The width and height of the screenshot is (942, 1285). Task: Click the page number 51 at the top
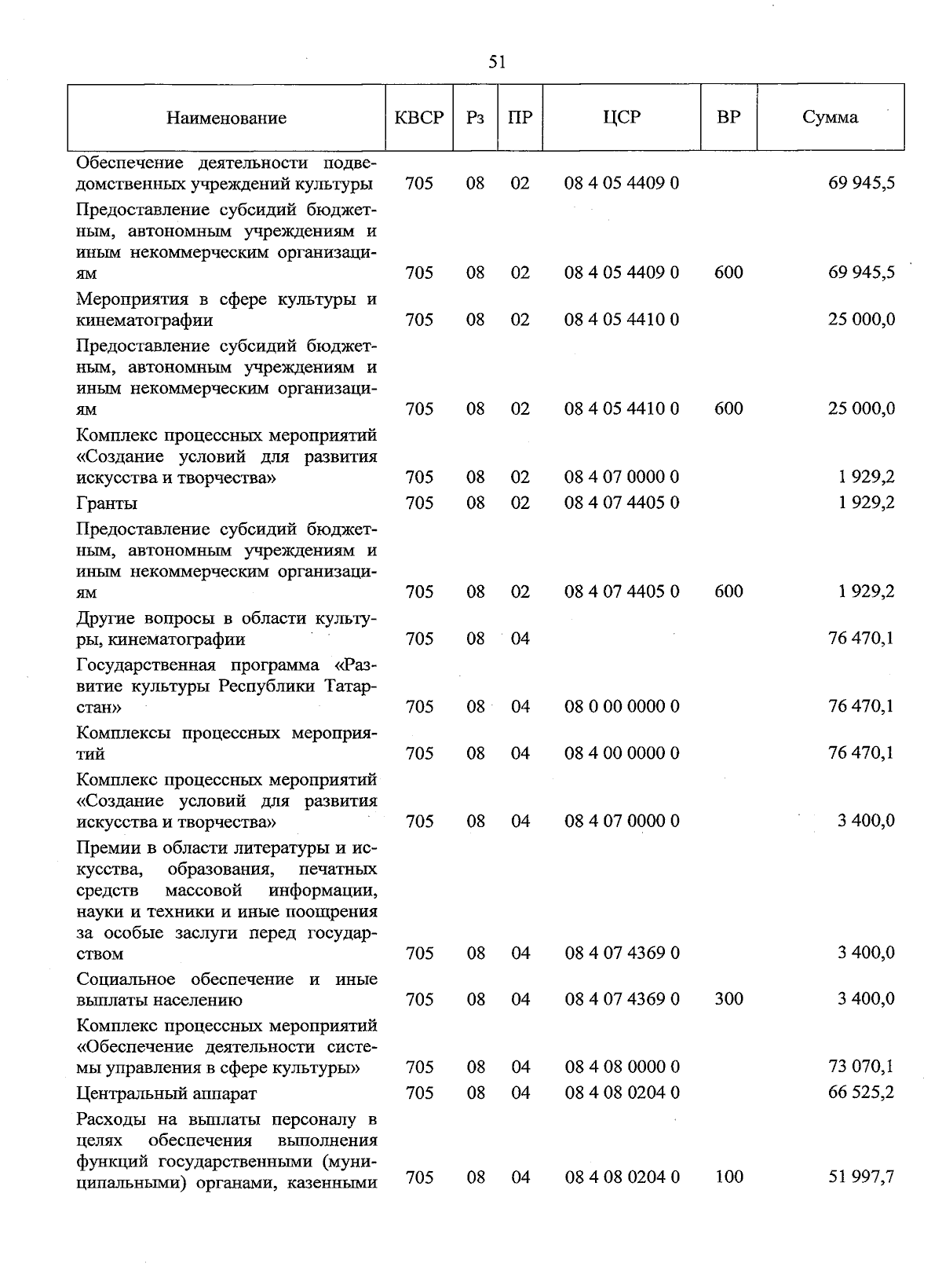click(x=496, y=62)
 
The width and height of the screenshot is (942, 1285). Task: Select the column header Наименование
click(x=226, y=118)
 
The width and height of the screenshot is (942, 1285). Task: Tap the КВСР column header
click(x=419, y=118)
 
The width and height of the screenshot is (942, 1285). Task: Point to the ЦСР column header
click(x=622, y=118)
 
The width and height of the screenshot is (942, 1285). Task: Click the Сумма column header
click(x=830, y=118)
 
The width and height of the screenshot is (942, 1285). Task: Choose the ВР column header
click(x=728, y=118)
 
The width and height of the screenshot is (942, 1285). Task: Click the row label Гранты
click(x=107, y=503)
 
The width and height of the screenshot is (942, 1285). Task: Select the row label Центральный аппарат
click(x=166, y=1093)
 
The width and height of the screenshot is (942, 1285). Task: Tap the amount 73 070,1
click(x=861, y=1067)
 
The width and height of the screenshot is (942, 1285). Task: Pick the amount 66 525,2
click(x=861, y=1093)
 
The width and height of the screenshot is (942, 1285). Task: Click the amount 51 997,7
click(x=861, y=1177)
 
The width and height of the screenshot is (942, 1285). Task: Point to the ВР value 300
click(x=728, y=999)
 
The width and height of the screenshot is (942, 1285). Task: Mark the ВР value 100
click(x=728, y=1177)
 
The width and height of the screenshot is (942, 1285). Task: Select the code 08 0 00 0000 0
click(x=622, y=707)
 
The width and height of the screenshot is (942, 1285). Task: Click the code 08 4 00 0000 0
click(x=622, y=753)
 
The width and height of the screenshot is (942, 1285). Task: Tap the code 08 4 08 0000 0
click(x=622, y=1067)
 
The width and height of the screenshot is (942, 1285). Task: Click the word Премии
click(x=110, y=848)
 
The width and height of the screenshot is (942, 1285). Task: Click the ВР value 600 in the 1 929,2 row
click(x=728, y=591)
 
